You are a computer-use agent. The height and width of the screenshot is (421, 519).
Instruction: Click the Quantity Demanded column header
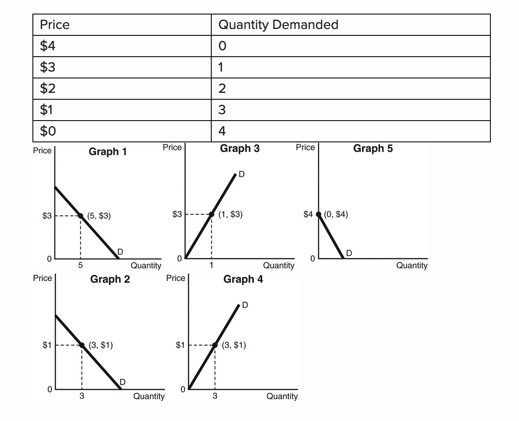[x=278, y=25]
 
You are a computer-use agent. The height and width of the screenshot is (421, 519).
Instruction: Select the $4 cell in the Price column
[x=48, y=46]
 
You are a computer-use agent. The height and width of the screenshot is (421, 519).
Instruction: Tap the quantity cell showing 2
[x=222, y=89]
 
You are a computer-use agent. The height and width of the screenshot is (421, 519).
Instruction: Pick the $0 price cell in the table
[x=48, y=131]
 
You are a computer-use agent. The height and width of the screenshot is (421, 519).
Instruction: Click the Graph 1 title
[x=108, y=152]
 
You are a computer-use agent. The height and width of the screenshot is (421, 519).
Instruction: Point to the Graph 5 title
[x=373, y=148]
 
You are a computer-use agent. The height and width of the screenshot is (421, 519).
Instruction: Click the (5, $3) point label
[x=99, y=216]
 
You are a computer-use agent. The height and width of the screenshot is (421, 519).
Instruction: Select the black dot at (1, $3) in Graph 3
[x=211, y=214]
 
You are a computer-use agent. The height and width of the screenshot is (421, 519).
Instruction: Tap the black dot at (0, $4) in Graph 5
[x=318, y=214]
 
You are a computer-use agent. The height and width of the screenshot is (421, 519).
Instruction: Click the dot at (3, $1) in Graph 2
[x=82, y=345]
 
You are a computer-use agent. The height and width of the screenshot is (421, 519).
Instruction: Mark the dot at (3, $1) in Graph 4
[x=215, y=345]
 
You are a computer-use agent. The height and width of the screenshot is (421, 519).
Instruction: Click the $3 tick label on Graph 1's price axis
[x=47, y=216]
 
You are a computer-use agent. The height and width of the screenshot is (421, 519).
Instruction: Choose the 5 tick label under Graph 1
[x=80, y=265]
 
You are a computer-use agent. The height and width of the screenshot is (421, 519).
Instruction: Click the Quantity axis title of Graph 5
[x=411, y=265]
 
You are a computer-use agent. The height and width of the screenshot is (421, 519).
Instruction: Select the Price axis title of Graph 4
[x=175, y=278]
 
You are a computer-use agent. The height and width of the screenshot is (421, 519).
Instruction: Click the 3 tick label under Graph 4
[x=215, y=396]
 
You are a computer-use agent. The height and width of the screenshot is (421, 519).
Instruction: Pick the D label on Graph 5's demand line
[x=349, y=253]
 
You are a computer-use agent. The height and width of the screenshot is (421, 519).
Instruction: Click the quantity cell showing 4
[x=222, y=131]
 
